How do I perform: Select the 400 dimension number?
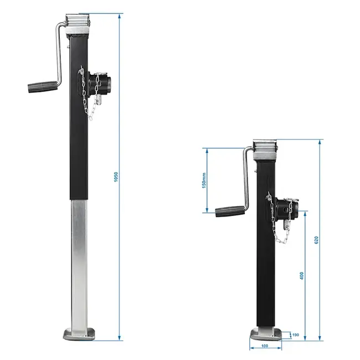click(301, 275)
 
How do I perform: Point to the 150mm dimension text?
click(204, 180)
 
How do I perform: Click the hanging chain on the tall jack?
click(86, 94)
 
